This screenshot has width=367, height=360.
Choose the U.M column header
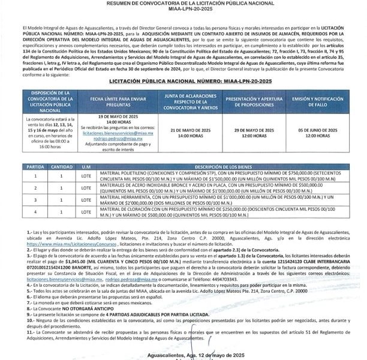[86, 166]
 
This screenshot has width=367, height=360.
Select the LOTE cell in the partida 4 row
[86, 211]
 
